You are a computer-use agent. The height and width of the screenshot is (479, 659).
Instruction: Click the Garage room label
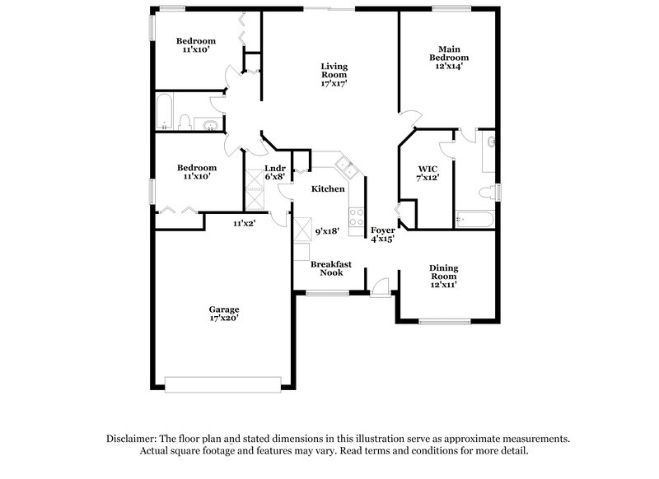click(223, 314)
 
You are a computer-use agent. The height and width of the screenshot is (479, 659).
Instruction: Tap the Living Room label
click(334, 74)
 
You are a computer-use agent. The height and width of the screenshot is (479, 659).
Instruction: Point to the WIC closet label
click(428, 173)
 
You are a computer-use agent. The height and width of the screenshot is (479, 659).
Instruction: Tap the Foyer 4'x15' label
click(382, 235)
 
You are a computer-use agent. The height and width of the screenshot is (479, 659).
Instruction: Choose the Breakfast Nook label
click(331, 268)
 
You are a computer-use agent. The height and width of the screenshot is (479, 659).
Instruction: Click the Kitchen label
click(327, 189)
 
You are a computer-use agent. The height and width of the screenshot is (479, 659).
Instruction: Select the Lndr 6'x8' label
click(274, 173)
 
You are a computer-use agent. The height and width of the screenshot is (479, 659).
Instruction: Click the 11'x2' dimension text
click(245, 223)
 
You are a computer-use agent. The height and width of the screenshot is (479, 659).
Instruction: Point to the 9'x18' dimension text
click(329, 233)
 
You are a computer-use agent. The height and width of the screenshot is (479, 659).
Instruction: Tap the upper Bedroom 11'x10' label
click(195, 45)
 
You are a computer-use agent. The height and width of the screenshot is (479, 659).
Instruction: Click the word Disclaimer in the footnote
click(134, 439)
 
